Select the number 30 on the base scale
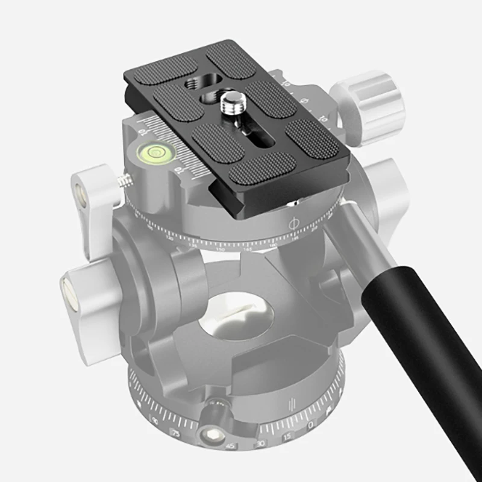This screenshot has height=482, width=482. [261, 443]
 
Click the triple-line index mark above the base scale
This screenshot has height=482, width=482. [293, 402]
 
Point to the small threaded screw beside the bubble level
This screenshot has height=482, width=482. [125, 179]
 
